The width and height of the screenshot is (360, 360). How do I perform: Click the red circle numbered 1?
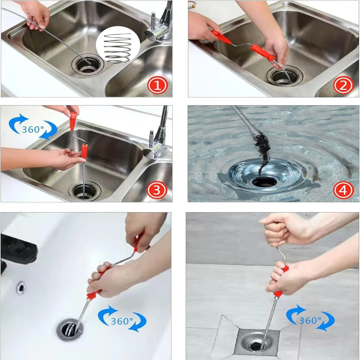[157, 85]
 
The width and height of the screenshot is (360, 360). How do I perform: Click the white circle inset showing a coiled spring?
[118, 47]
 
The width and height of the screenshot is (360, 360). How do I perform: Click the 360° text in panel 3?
[33, 129]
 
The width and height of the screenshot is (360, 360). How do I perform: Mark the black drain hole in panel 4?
[264, 182]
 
